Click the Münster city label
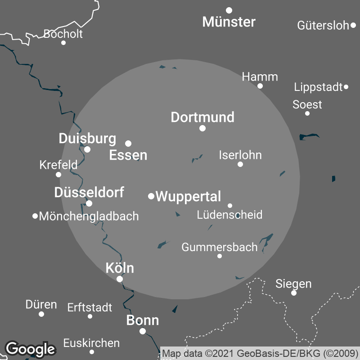click(229, 22)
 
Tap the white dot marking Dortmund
click(202, 128)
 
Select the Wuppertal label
click(188, 197)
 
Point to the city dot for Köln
click(120, 279)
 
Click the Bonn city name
click(143, 320)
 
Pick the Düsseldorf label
click(89, 193)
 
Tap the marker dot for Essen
click(128, 144)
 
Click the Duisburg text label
click(87, 139)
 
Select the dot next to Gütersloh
click(353, 26)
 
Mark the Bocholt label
click(63, 34)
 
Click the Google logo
click(30, 349)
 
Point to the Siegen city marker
click(294, 293)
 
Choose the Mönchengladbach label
click(89, 216)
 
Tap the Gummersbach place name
click(220, 247)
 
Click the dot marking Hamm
click(260, 86)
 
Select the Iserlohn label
click(240, 155)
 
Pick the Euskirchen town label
click(91, 343)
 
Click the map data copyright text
click(260, 353)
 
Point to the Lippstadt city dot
click(346, 87)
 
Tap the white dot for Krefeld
click(58, 175)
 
